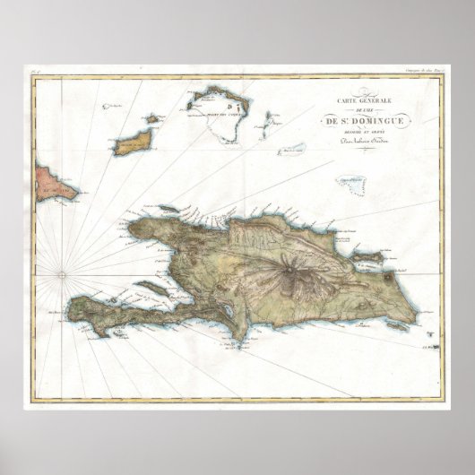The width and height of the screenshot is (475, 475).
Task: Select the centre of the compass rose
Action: click(x=61, y=269)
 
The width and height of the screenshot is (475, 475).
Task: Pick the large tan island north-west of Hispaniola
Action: click(x=133, y=141)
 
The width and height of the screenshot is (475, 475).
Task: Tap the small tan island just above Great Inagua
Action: click(x=151, y=118)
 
